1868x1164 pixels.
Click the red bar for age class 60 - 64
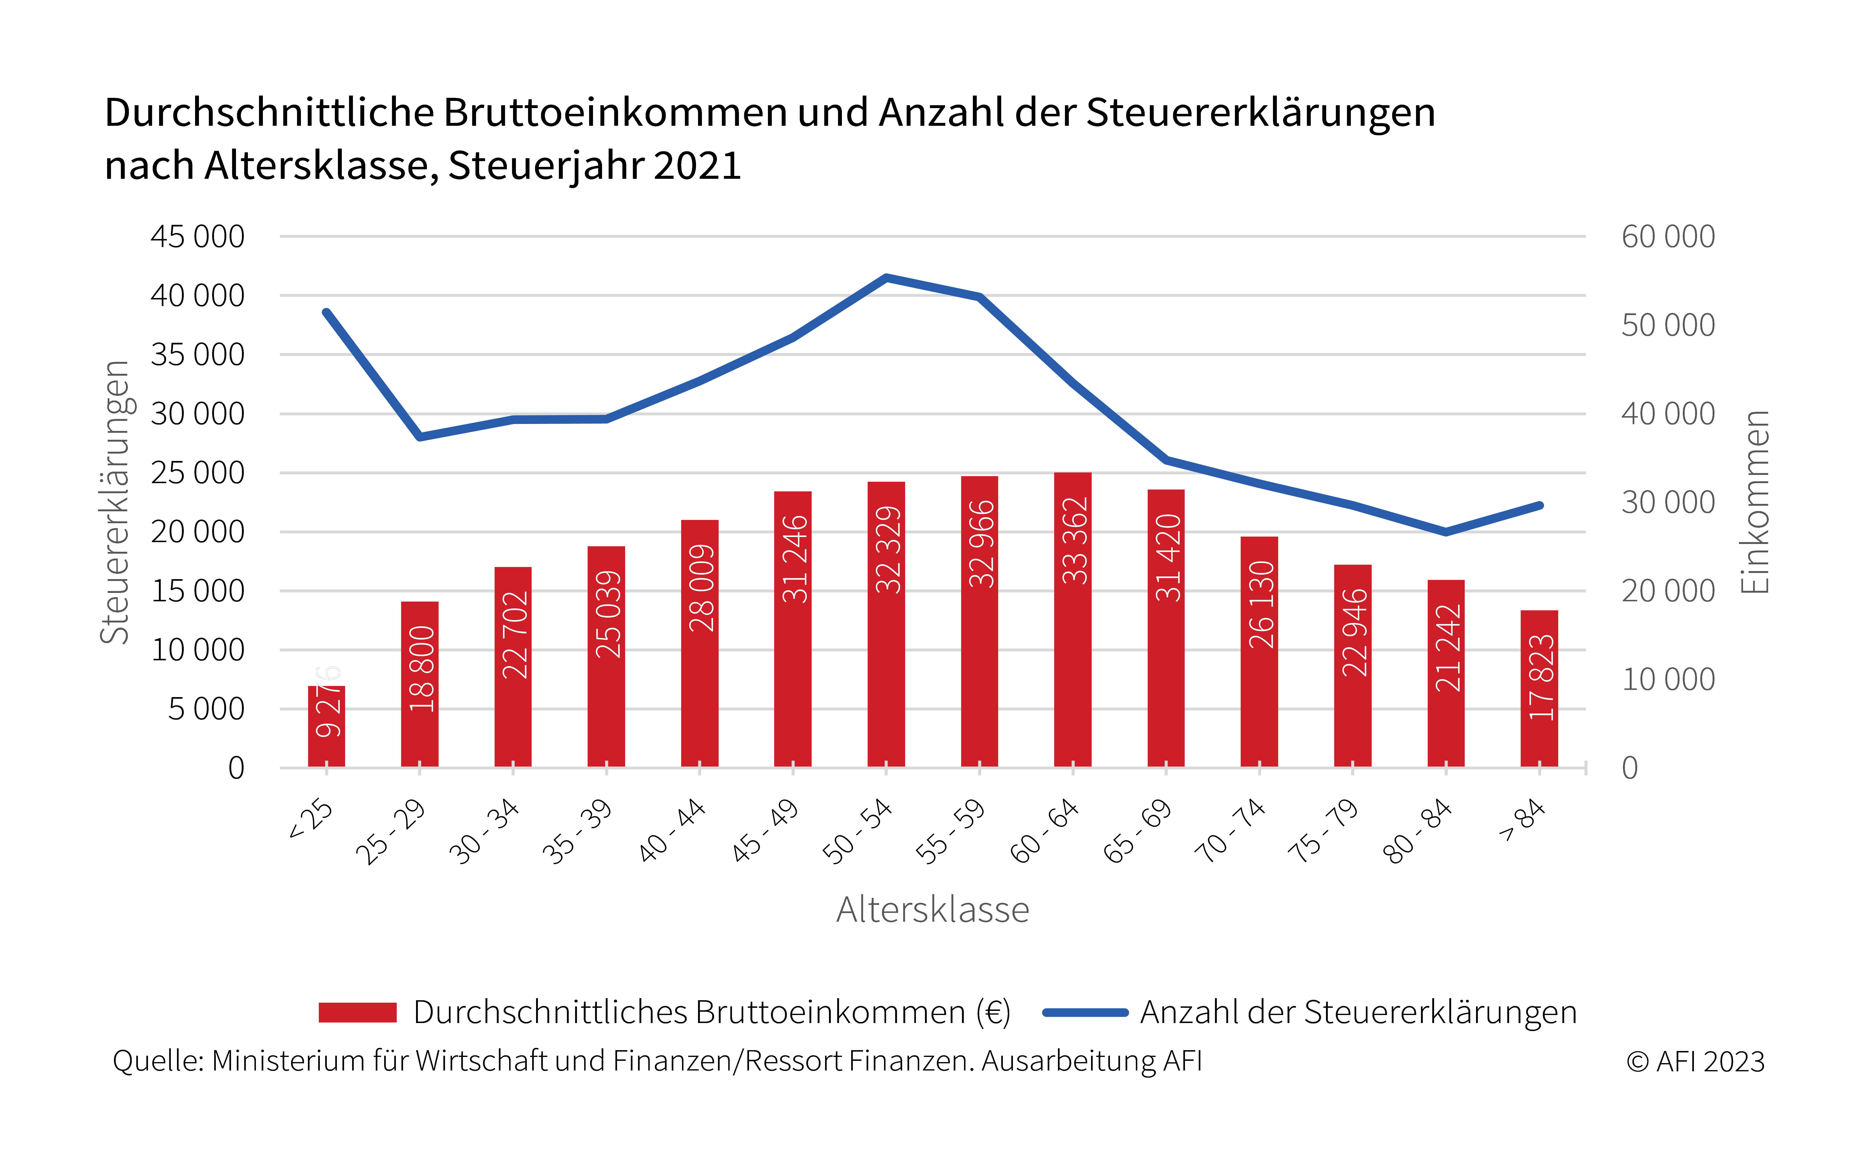pos(1073,620)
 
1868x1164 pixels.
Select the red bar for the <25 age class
pos(326,727)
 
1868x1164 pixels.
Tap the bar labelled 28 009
pos(700,644)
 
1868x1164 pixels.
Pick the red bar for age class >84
pos(1539,689)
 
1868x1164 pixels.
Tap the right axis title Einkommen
pos(1755,502)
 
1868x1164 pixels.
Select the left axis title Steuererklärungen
pos(115,502)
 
